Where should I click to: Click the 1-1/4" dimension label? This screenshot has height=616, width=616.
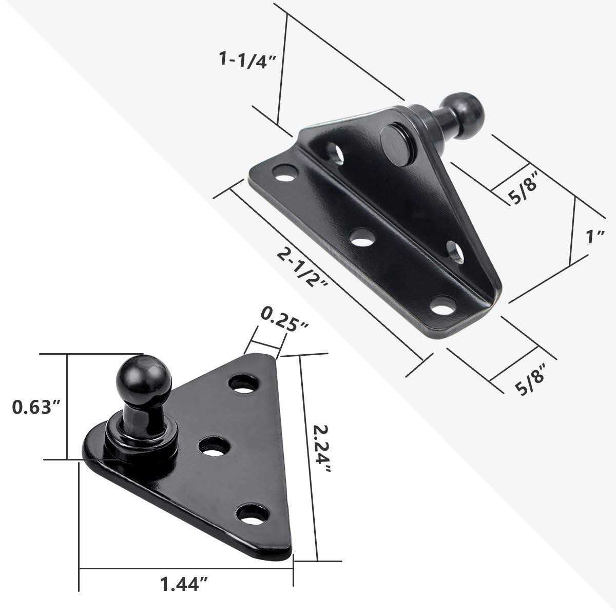248,59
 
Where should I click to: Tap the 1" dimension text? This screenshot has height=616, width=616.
596,237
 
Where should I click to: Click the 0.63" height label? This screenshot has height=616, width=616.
37,408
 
